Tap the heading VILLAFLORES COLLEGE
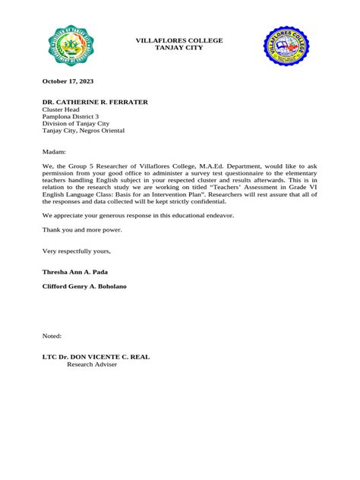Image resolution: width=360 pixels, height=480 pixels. coord(179,40)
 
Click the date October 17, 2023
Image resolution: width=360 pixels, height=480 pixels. coord(68,81)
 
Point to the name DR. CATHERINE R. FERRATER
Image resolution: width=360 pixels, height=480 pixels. coord(95,102)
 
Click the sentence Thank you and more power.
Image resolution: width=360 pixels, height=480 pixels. coord(82,229)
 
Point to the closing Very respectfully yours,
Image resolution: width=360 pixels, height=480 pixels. coord(77,251)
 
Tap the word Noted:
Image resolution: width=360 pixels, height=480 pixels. coord(52,336)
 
